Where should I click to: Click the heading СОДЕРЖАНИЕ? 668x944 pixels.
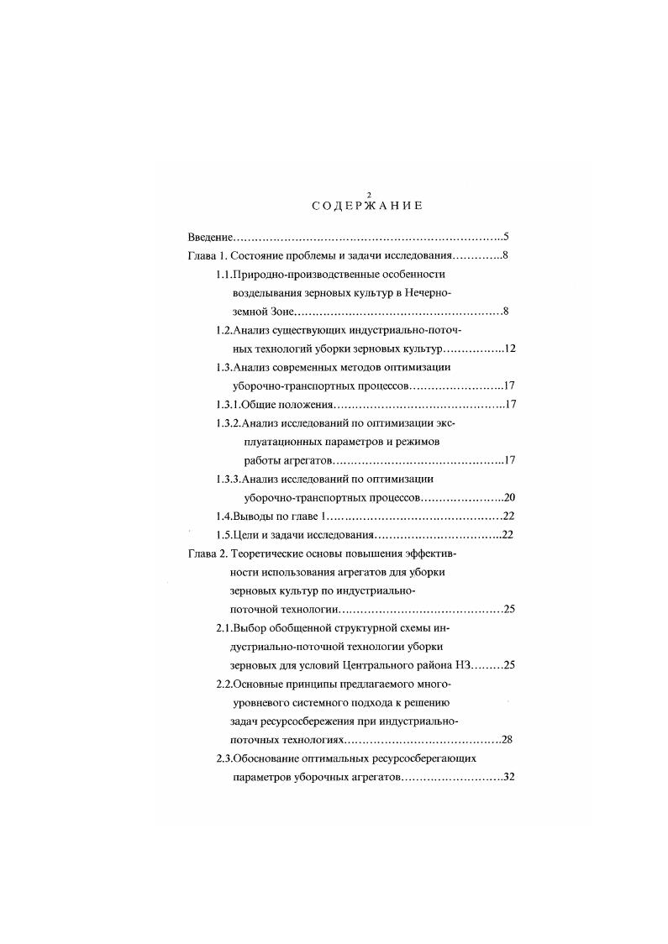coord(367,206)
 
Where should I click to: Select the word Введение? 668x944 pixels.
coord(208,237)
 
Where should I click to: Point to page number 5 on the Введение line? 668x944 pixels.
coord(506,237)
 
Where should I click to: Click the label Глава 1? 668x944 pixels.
coord(204,255)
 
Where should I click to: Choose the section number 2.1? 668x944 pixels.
coord(224,627)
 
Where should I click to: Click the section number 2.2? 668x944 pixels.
coord(224,684)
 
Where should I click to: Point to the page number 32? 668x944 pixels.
coord(508,777)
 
